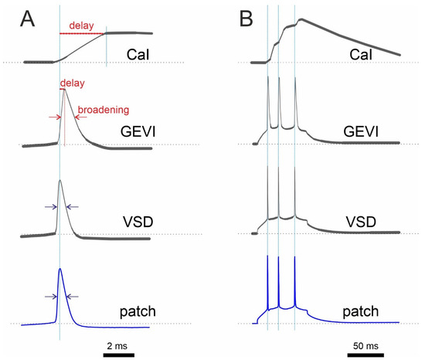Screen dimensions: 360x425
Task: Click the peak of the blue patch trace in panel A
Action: [x=60, y=269]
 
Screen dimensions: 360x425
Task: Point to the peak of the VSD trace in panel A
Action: [x=60, y=181]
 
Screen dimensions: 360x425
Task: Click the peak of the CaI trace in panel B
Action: [x=301, y=19]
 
